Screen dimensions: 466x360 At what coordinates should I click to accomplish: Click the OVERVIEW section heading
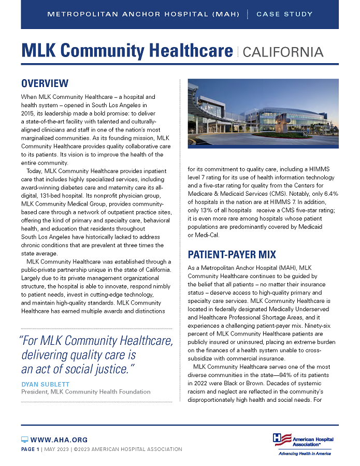pyautogui.click(x=45, y=83)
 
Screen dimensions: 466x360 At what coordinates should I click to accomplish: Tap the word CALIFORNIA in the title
pyautogui.click(x=283, y=52)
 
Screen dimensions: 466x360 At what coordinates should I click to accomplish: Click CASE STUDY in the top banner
pyautogui.click(x=284, y=14)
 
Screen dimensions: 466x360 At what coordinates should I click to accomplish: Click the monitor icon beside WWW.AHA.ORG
pyautogui.click(x=24, y=440)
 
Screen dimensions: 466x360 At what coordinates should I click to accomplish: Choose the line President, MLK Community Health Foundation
pyautogui.click(x=85, y=391)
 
